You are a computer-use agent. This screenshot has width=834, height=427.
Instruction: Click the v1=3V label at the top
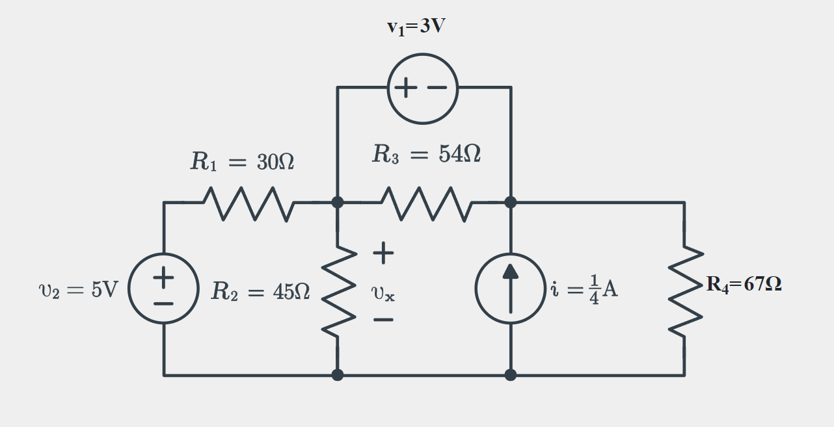coord(416,27)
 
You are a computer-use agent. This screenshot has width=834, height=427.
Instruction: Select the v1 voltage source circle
coord(423,88)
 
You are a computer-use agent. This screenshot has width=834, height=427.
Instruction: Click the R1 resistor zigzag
coord(249,203)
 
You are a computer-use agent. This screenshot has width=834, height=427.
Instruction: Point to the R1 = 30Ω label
coord(242,162)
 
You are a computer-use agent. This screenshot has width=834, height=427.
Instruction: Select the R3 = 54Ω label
coord(426,155)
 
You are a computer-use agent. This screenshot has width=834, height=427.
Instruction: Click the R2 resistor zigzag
coord(338,291)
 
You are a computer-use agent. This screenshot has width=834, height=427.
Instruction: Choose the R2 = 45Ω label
coord(260,292)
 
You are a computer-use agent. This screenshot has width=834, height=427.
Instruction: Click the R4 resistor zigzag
coord(684,291)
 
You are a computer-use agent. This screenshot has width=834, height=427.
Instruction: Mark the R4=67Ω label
coord(744,284)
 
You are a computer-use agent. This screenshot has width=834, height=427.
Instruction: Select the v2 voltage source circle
coord(164,288)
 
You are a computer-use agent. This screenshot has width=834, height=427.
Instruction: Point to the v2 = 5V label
coord(79,290)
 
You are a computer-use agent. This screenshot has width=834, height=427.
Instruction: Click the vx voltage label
coord(383,293)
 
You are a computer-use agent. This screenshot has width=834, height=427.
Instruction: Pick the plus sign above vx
coord(383,253)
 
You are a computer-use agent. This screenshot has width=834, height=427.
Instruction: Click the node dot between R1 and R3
coord(338,202)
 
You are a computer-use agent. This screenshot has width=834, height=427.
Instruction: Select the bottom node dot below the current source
coord(511,375)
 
